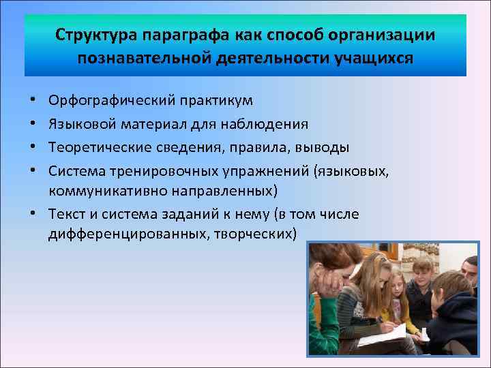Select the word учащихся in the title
[x=373, y=57]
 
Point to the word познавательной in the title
[x=140, y=57]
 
